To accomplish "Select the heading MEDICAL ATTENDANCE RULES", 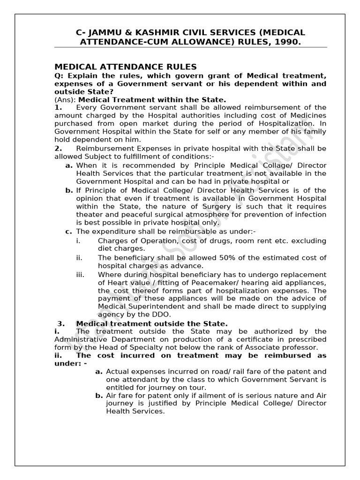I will click(126, 67).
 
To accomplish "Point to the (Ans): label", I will click(65, 99).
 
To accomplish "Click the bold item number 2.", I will click(58, 148).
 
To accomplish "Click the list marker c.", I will click(68, 232).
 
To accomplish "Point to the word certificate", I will click(234, 339).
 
